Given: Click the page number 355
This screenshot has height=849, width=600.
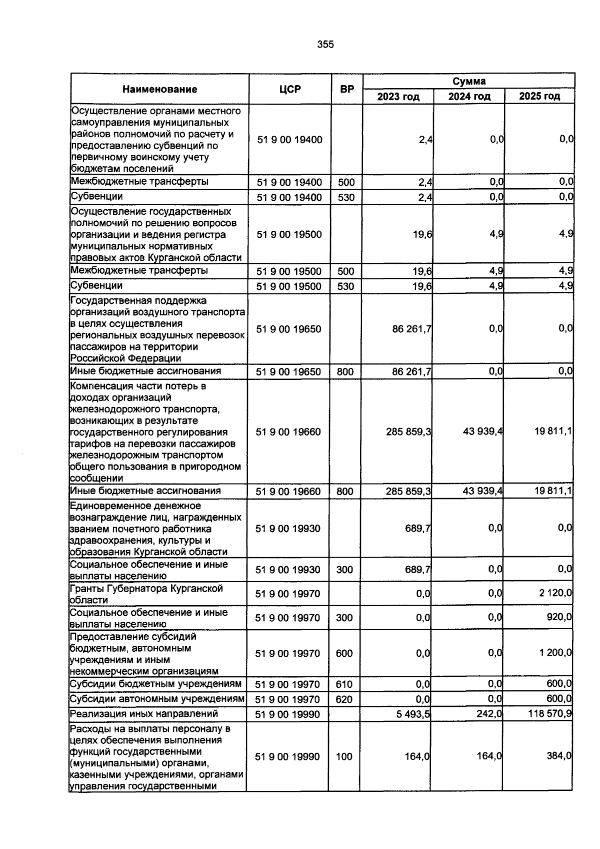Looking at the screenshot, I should click(325, 45).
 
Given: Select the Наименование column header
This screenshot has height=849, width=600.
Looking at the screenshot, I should click(159, 90).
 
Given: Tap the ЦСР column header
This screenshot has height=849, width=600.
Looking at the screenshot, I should click(290, 90).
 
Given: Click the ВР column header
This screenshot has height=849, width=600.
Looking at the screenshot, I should click(346, 90).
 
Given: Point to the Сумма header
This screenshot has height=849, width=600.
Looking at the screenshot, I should click(468, 81).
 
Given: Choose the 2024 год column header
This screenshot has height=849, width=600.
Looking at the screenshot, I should click(469, 96).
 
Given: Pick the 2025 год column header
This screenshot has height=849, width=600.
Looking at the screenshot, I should click(539, 96).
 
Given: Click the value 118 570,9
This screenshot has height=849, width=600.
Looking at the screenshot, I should click(550, 714).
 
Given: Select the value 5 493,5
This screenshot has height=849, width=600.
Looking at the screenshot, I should click(413, 714).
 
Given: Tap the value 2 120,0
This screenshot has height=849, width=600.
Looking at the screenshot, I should click(555, 594).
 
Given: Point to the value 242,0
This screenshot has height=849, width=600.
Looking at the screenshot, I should click(489, 714).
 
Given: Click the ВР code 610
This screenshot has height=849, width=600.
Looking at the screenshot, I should click(344, 684).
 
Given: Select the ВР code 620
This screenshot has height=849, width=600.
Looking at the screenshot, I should click(344, 699).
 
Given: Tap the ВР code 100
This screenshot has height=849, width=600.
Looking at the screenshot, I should click(344, 757).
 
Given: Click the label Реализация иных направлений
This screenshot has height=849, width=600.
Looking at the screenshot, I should click(143, 714).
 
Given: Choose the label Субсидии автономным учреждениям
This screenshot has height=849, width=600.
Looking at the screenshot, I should click(157, 699).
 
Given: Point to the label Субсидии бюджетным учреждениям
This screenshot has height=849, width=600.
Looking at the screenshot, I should click(155, 684).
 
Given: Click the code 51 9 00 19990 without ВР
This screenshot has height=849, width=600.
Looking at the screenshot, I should click(287, 714).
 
